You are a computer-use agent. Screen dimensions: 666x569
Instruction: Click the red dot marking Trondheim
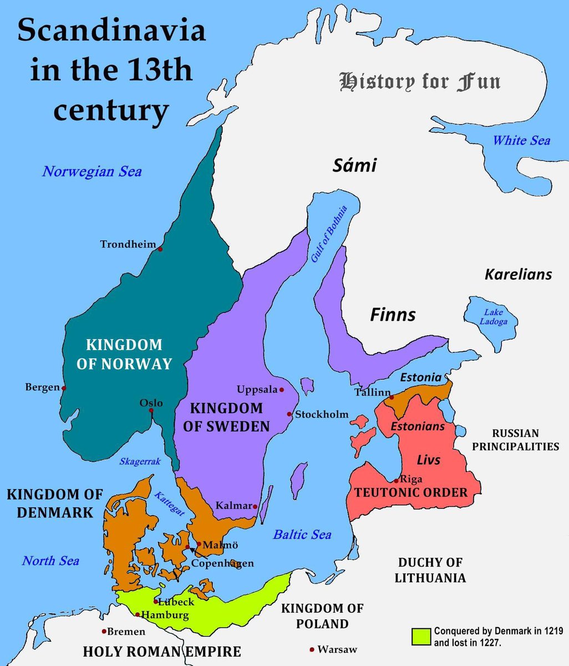[x=160, y=249]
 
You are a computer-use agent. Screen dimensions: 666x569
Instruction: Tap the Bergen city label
[x=42, y=387]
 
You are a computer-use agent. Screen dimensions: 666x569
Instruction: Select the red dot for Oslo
[x=151, y=411]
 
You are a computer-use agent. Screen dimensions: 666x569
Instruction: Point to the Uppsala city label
[x=257, y=390]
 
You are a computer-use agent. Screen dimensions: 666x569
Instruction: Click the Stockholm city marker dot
[x=289, y=414]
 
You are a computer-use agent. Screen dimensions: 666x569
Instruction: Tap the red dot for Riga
[x=396, y=480]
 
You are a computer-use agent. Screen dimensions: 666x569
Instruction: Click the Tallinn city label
[x=373, y=392]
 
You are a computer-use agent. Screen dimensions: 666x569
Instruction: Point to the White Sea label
[x=521, y=140]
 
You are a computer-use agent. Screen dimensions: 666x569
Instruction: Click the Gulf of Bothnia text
[x=329, y=234]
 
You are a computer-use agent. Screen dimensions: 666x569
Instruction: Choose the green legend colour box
[x=421, y=637]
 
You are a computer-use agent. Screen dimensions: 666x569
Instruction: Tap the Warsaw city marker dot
[x=312, y=649]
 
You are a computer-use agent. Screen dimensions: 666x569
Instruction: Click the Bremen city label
[x=126, y=632]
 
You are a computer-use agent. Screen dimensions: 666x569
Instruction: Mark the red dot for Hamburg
[x=138, y=614]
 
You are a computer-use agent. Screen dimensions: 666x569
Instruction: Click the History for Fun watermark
[x=420, y=82]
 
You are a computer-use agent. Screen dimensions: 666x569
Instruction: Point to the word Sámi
[x=354, y=165]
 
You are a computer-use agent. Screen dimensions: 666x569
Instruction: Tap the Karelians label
[x=519, y=274]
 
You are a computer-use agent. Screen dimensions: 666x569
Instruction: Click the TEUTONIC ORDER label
[x=411, y=492]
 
